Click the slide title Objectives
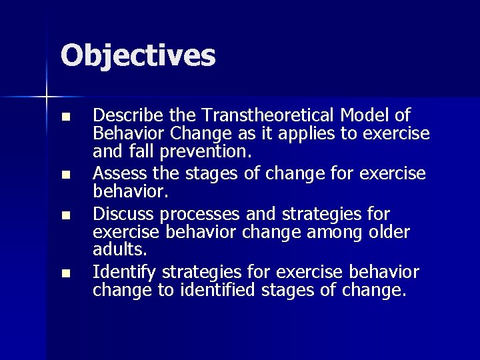138,55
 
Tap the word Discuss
119,214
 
